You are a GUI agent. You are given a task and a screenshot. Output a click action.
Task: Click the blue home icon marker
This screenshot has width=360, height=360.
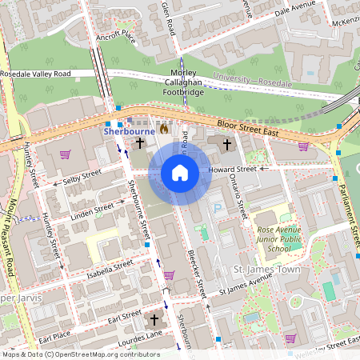180,173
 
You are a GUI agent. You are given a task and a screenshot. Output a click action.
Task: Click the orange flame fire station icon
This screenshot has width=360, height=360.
164,128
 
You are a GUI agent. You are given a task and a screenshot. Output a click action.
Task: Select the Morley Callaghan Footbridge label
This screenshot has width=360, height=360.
182,82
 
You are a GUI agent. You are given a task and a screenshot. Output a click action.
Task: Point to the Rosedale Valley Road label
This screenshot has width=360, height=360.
36,74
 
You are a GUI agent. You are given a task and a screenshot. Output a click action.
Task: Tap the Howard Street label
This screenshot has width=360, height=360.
233,170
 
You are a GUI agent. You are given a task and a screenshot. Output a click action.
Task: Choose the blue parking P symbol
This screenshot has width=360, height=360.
217,207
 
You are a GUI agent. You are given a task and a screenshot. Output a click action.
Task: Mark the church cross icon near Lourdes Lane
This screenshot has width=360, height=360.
155,320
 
